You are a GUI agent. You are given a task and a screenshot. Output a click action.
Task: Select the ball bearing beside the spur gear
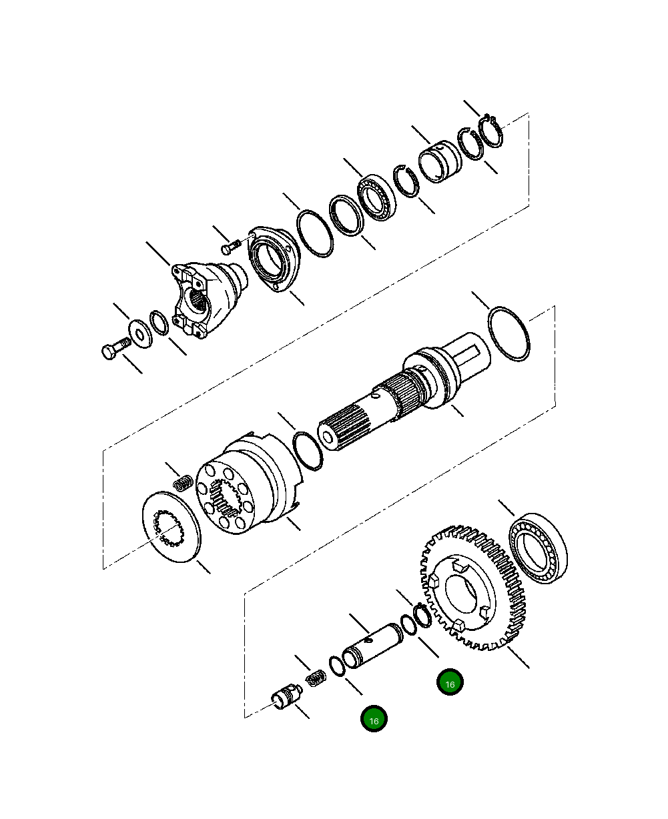pos(539,548)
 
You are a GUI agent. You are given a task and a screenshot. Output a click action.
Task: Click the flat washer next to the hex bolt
pos(139,331)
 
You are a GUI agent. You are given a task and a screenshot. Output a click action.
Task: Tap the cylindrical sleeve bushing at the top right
pos(440,161)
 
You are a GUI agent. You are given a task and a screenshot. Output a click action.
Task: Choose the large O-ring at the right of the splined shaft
pos(509,333)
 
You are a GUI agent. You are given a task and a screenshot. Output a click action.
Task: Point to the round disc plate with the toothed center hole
pos(172,527)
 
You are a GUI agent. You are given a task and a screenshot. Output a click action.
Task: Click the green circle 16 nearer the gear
pos(450,683)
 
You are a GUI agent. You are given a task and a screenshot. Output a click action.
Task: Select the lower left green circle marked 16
pos(374,720)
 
